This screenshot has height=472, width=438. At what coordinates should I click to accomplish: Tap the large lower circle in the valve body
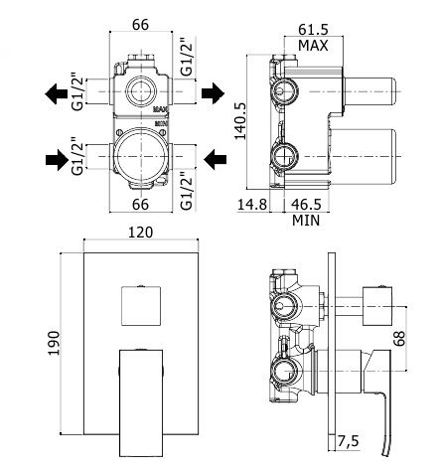tap(143, 156)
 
